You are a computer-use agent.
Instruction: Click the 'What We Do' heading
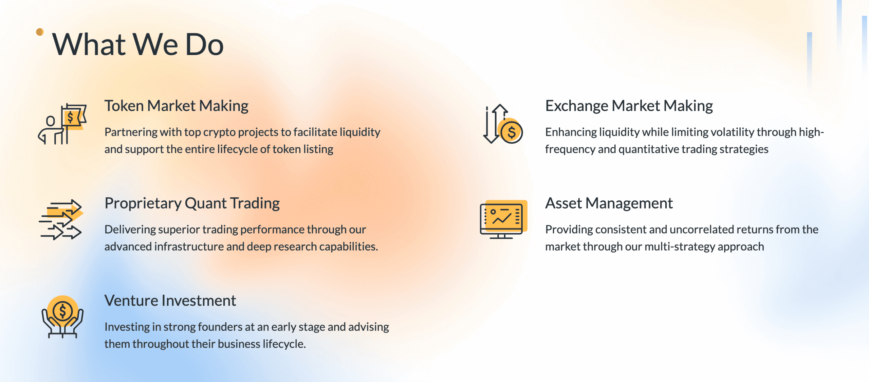(x=137, y=44)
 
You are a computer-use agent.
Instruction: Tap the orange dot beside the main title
(x=40, y=32)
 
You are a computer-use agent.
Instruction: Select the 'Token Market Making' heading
(x=176, y=106)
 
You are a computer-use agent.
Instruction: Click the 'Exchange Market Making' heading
(x=629, y=106)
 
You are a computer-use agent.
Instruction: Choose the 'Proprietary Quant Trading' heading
(x=192, y=203)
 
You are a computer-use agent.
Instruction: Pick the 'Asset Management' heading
(x=609, y=203)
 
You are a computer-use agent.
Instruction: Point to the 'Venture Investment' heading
(x=170, y=301)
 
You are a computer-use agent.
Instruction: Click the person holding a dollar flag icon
(x=62, y=124)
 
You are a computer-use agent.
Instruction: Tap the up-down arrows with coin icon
(x=503, y=124)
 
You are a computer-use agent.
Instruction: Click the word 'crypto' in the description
(x=219, y=132)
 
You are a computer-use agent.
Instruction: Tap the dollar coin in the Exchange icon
(x=511, y=132)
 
